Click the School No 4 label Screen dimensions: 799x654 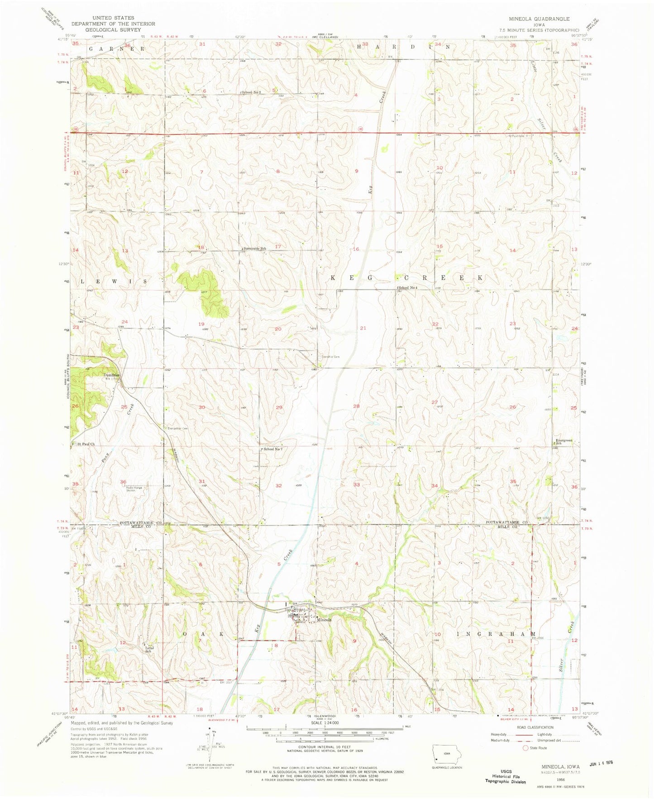click(x=407, y=288)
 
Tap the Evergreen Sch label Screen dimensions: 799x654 click(x=564, y=441)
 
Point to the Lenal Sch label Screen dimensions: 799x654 click(x=149, y=649)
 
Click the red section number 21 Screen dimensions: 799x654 click(x=363, y=328)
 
